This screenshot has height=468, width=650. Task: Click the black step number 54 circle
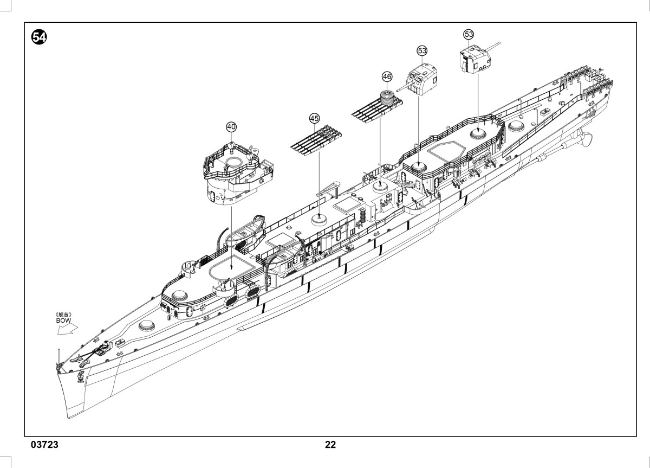[x=39, y=37]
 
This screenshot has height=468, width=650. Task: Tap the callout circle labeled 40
[x=231, y=127]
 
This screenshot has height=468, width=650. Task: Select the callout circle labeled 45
[x=315, y=119]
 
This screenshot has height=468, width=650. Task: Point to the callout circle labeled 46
[x=387, y=76]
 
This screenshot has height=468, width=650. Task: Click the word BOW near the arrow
[x=63, y=320]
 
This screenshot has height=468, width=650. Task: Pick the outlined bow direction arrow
[x=68, y=329]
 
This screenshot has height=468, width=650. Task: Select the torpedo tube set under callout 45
[x=316, y=140]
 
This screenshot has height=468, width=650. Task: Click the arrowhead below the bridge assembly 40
[x=231, y=268]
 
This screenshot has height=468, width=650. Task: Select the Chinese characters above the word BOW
[x=63, y=315]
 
